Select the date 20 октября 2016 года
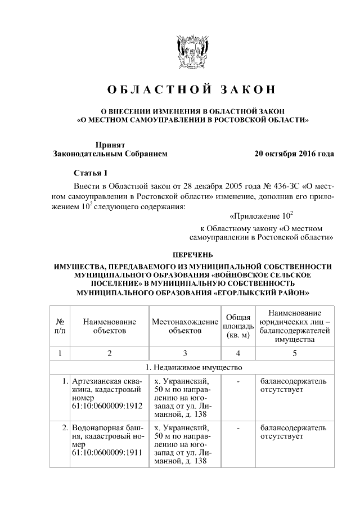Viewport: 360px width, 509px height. [294, 153]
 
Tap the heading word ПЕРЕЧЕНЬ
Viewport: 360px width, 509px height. [192, 255]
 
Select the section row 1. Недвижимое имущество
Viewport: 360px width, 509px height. [191, 368]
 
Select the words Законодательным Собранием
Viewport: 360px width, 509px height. [110, 154]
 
